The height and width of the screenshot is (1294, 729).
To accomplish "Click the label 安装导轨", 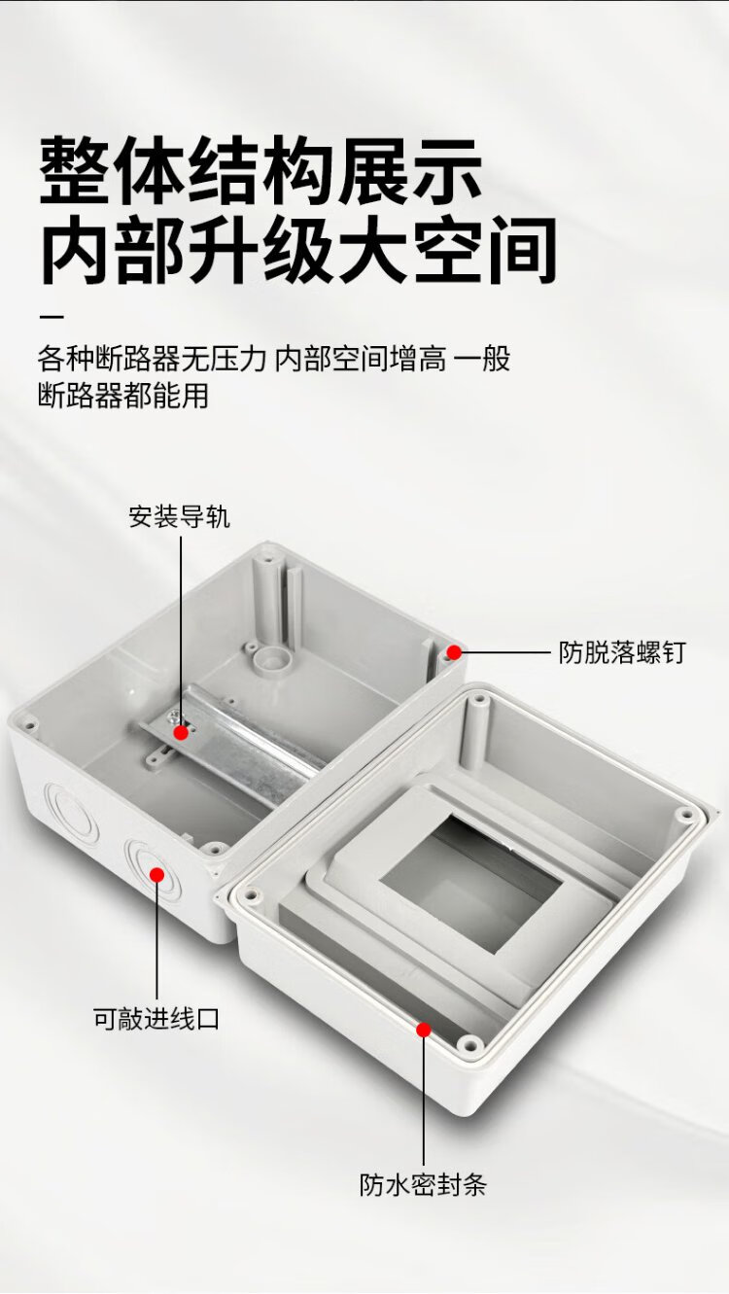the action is point(179,517).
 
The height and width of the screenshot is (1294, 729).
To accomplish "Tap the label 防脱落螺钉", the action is point(621,652).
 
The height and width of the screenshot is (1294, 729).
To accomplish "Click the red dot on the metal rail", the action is point(182,733).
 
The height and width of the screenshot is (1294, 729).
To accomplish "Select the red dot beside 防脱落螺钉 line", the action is point(455,652).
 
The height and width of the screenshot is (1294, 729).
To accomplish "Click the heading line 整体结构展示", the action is point(260,170).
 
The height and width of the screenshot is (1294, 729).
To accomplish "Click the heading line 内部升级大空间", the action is point(298,250).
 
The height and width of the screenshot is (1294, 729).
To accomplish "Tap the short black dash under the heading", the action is point(51,317).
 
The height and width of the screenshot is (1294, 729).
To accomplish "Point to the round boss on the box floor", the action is point(271,659).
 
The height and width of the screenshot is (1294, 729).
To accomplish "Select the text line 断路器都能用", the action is point(123,395).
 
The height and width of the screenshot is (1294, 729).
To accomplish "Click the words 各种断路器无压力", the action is point(152,358).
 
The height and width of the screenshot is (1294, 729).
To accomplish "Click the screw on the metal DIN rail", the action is point(173,718).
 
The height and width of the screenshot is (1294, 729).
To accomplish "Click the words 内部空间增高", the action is point(361,358).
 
